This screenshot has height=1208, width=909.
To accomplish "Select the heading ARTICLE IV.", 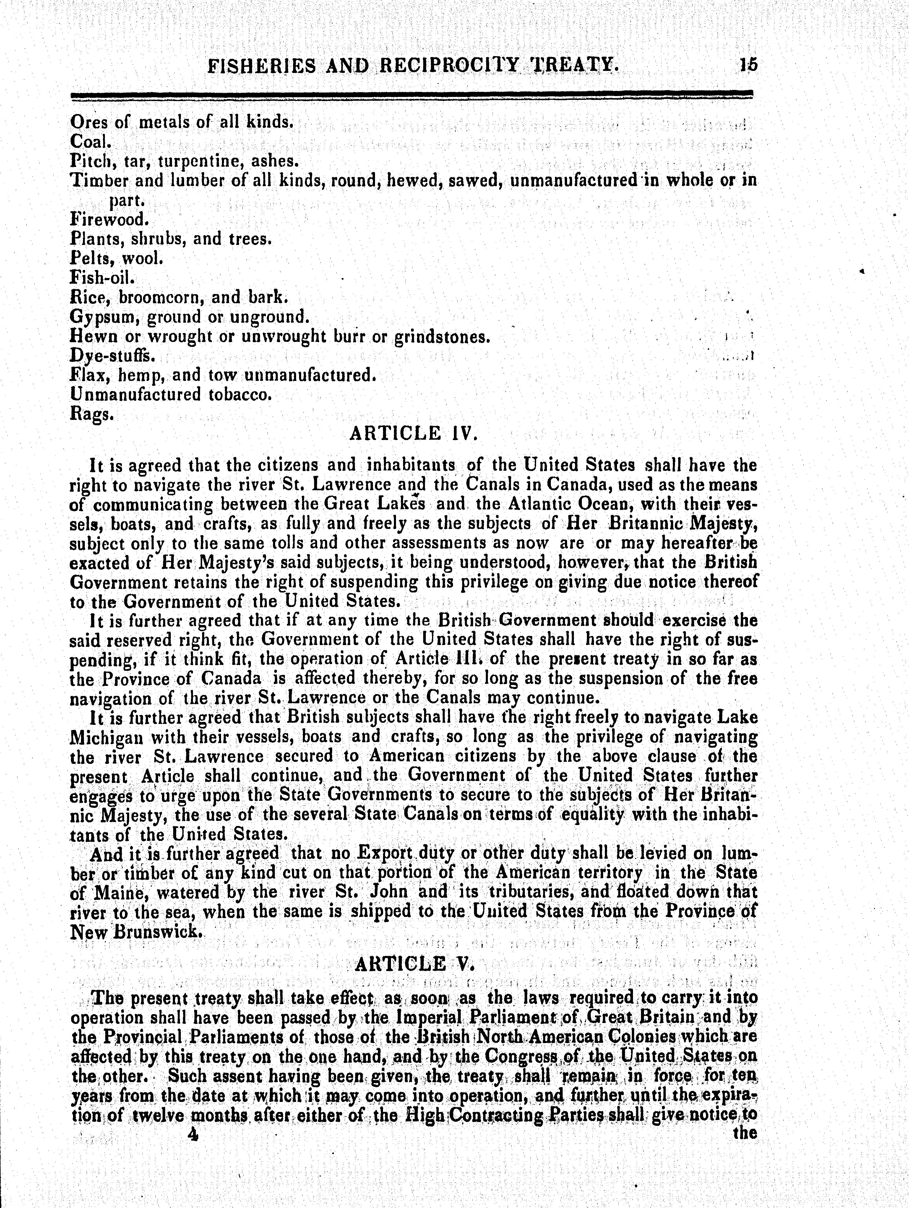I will coord(413,434).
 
